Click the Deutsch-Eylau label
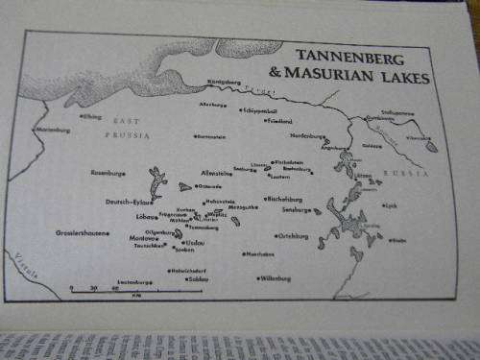[x=128, y=203]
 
